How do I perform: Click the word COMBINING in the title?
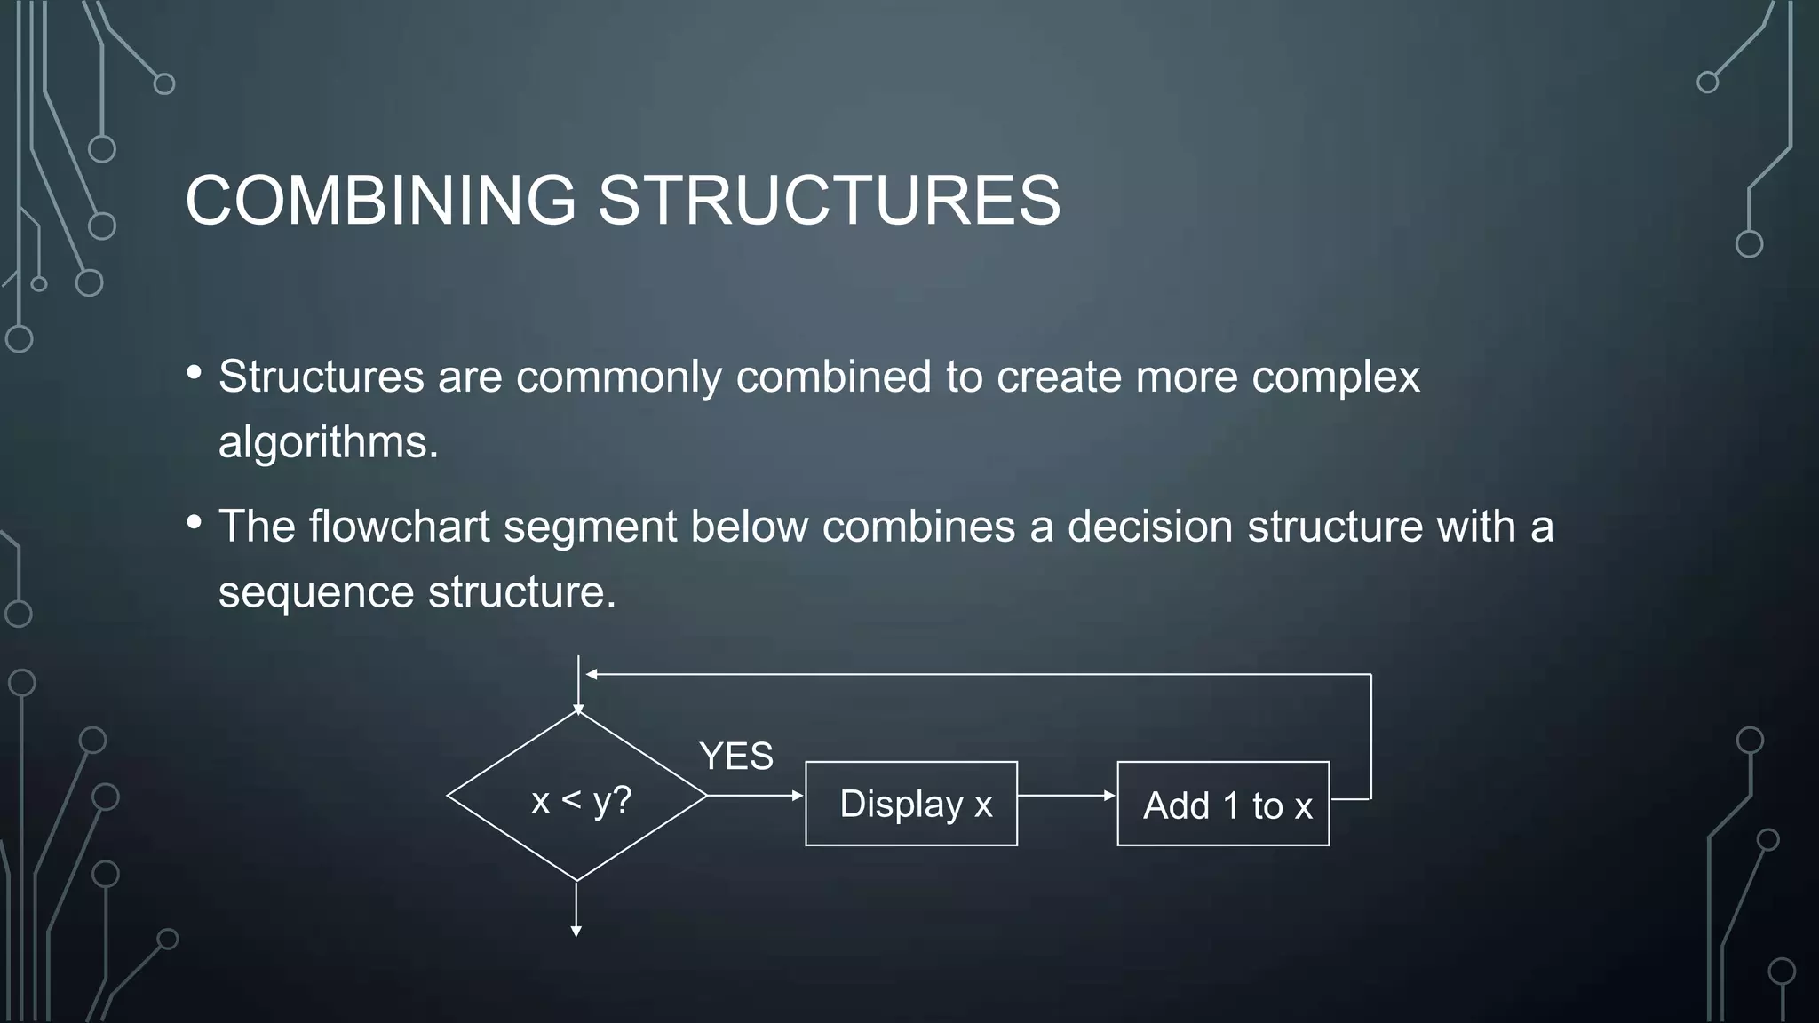click(x=380, y=201)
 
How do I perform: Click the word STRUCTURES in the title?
click(x=829, y=201)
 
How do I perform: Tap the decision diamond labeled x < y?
click(x=577, y=797)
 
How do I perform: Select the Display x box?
click(x=911, y=804)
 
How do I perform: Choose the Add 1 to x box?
click(x=1223, y=804)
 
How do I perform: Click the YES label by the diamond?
click(x=735, y=757)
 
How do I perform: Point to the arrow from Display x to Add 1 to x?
click(x=1066, y=796)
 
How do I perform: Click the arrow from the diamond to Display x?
click(x=755, y=796)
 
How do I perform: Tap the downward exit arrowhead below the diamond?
click(x=576, y=931)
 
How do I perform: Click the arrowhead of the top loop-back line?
click(x=592, y=675)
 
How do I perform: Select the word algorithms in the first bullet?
click(x=327, y=443)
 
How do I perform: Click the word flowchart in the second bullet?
click(x=399, y=527)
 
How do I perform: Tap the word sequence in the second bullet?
click(x=316, y=592)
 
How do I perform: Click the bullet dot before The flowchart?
click(x=195, y=522)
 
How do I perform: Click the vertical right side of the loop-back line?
click(x=1371, y=737)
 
